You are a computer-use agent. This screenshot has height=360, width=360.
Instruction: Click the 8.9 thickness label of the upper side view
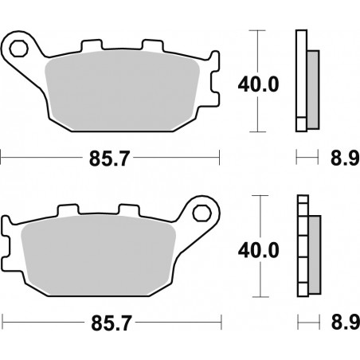click(341, 158)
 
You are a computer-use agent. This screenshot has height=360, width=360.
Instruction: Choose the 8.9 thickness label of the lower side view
click(341, 325)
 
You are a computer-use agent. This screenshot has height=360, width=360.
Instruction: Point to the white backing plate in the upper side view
click(301, 80)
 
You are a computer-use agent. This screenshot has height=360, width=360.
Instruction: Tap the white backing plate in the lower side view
click(301, 247)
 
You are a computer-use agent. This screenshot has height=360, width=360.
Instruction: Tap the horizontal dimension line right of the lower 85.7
click(183, 324)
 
